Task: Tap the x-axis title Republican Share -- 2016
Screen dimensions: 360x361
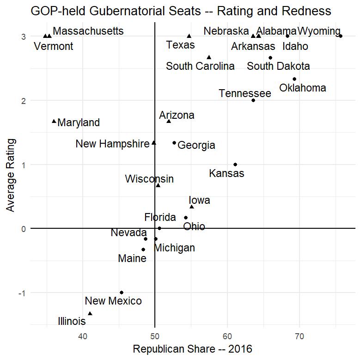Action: pos(192,349)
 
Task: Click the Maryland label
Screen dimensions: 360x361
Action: pos(79,123)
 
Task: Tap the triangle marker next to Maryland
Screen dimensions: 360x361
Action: pos(54,122)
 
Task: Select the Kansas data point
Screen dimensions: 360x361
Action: pos(235,165)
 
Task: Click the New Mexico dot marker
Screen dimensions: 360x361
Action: pos(122,293)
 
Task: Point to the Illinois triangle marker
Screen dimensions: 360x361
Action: pos(90,314)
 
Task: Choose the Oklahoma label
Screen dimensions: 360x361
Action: pos(303,88)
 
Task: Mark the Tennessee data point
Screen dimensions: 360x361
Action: pos(253,100)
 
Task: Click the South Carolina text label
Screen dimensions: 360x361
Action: pos(200,67)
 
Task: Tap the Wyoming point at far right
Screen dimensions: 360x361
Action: pos(341,36)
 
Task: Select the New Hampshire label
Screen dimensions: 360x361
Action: pos(112,144)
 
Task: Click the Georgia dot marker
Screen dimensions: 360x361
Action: pos(174,143)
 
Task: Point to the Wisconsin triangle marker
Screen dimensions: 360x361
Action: pos(158,185)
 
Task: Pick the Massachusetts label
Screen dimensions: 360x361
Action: pos(88,31)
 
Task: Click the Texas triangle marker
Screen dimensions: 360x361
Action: pos(189,36)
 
